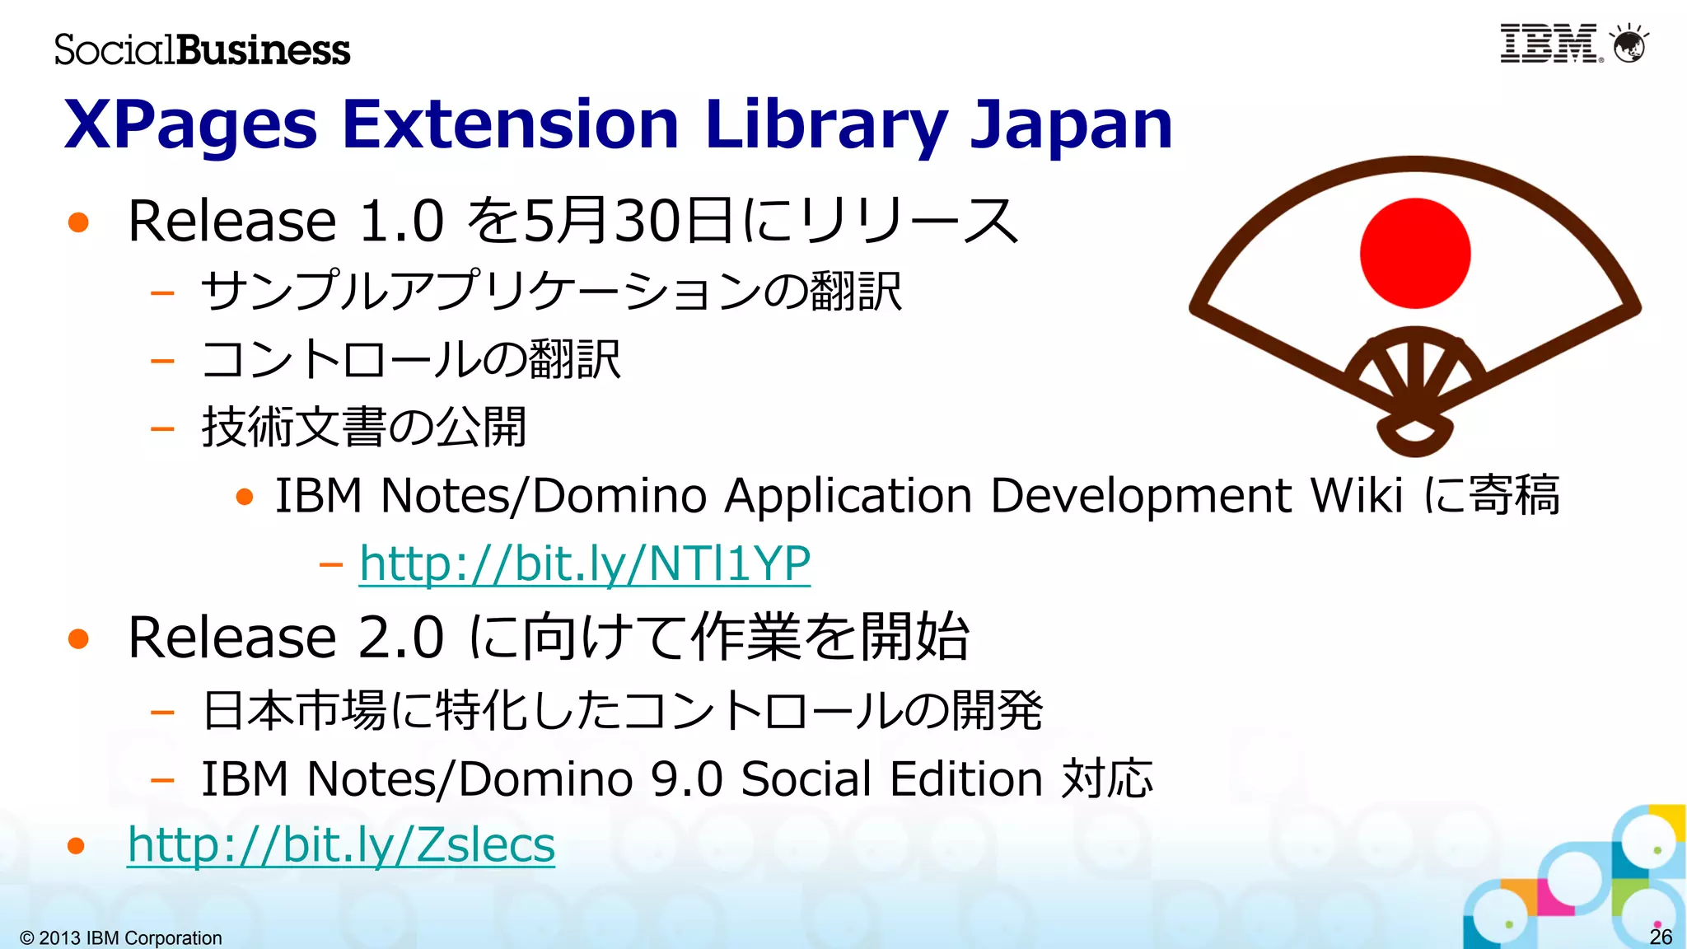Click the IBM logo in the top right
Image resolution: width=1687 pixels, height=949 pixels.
(x=1549, y=44)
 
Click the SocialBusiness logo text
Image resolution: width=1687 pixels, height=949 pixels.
(x=203, y=49)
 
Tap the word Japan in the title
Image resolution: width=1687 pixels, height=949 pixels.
(x=1071, y=125)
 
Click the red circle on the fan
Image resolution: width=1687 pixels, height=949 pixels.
(x=1415, y=253)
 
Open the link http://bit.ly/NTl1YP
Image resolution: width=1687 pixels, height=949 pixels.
(x=585, y=564)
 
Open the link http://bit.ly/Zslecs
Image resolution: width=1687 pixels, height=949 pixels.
(x=341, y=845)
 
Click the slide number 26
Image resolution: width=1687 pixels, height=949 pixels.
(x=1661, y=937)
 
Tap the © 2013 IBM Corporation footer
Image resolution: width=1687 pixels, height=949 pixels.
(x=121, y=937)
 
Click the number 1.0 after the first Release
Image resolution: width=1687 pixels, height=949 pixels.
(x=402, y=222)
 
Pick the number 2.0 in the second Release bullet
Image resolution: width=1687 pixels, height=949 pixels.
(x=402, y=638)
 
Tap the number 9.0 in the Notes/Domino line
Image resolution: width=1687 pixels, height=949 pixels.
(x=687, y=779)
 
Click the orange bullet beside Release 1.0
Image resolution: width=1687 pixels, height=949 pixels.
(x=78, y=222)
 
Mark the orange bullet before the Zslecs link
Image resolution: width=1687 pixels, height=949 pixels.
(x=77, y=845)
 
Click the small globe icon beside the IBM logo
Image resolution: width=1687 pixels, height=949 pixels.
(x=1629, y=44)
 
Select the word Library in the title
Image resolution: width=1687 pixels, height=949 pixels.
(x=827, y=125)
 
